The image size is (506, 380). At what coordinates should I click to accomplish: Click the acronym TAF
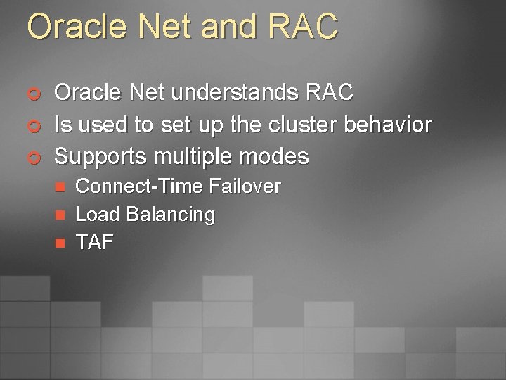(94, 242)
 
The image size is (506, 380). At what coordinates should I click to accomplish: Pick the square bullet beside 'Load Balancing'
(60, 215)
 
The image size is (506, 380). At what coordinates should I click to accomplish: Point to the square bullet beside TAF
(60, 243)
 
